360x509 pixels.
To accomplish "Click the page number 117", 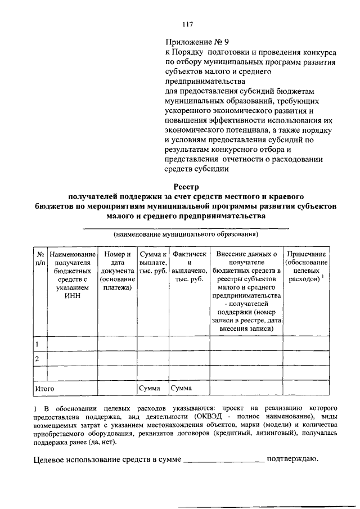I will (188, 24).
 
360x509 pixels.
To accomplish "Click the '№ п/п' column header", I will (40, 259).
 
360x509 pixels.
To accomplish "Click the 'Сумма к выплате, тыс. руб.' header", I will (154, 263).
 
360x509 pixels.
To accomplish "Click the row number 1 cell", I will (37, 344).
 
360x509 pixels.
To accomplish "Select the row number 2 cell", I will (37, 359).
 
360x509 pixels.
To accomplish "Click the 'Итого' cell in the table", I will (45, 388).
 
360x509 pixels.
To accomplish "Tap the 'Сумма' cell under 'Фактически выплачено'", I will (182, 388).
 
